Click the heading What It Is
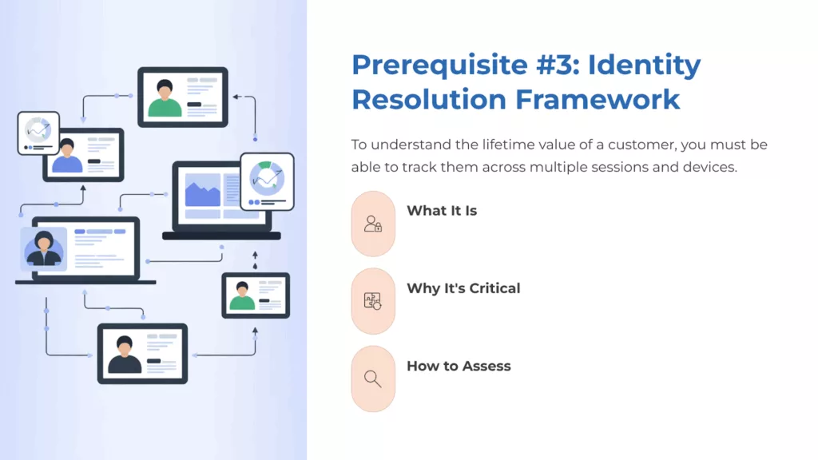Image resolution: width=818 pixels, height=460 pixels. (442, 211)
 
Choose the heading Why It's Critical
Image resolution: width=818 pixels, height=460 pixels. (463, 288)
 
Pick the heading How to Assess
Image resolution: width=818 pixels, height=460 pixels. (459, 366)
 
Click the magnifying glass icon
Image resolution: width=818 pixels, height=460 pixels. (373, 379)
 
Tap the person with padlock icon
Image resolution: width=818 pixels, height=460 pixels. (373, 224)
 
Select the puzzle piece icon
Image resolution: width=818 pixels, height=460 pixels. (373, 301)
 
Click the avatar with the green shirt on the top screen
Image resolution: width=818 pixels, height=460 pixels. (165, 97)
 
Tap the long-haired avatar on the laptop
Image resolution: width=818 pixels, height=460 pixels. (45, 248)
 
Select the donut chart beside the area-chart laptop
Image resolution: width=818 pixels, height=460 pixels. (267, 179)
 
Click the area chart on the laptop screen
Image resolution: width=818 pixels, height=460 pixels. (202, 192)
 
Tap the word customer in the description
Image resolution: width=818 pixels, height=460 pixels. (630, 145)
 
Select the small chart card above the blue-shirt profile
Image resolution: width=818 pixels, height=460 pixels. (38, 132)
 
